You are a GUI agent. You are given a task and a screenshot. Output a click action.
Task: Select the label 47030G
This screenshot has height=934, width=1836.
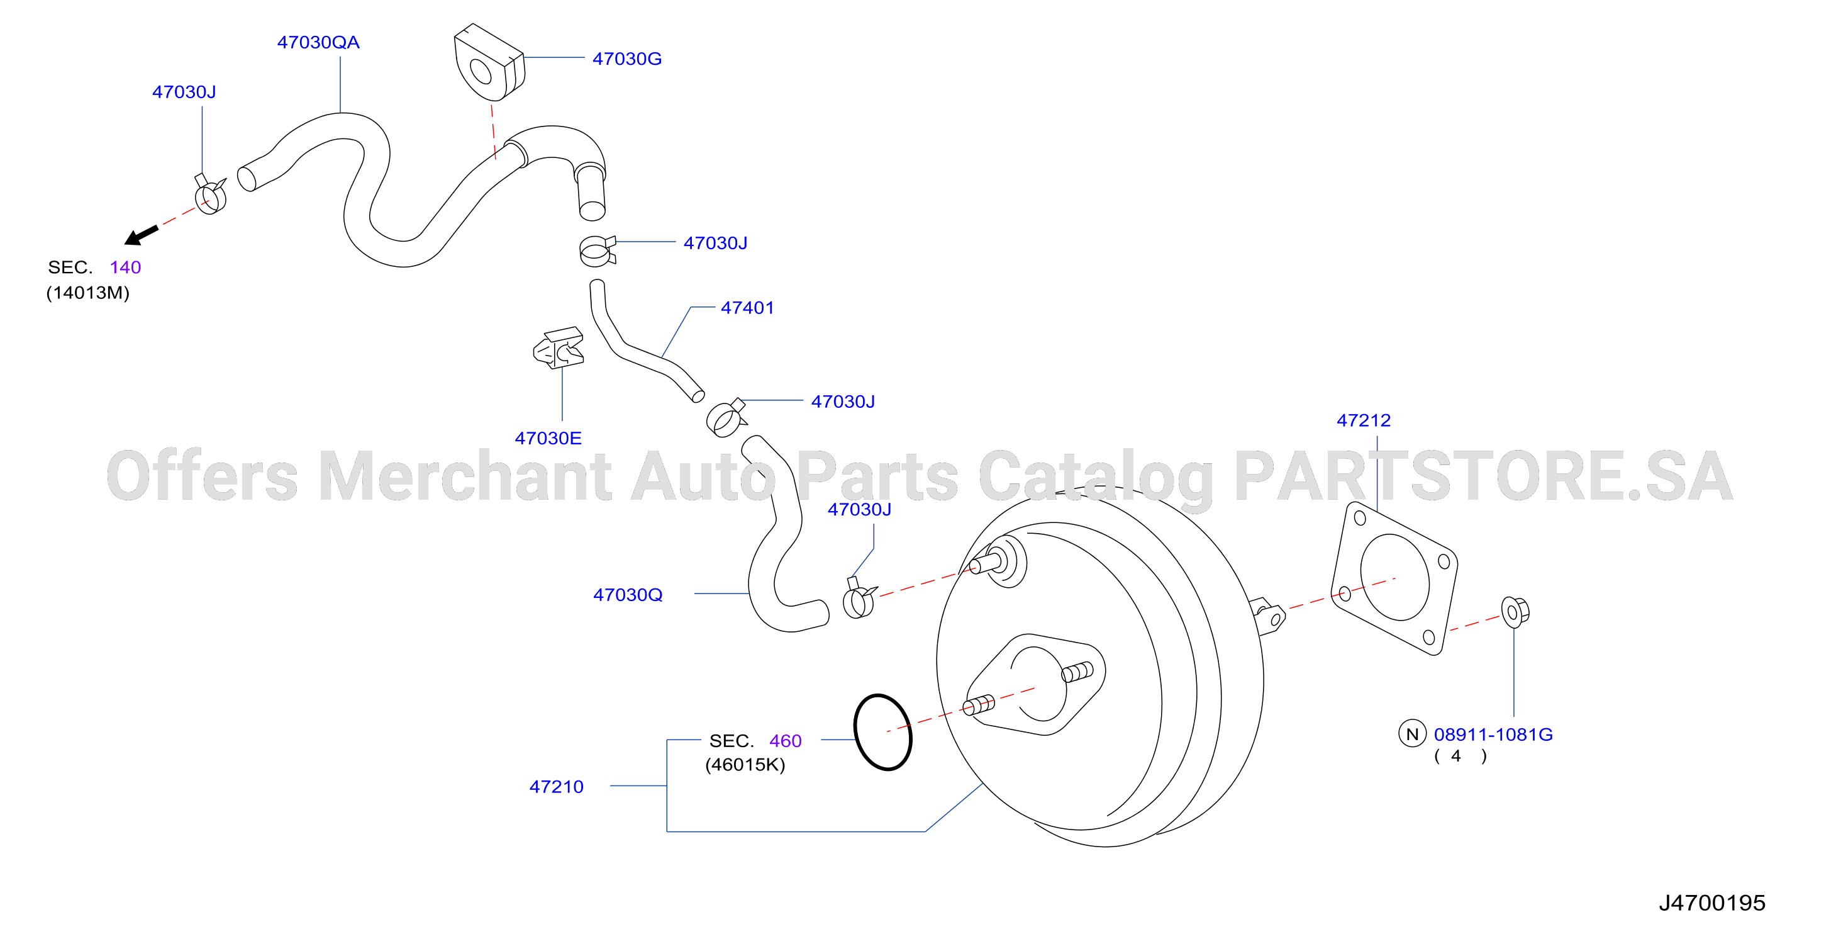(626, 59)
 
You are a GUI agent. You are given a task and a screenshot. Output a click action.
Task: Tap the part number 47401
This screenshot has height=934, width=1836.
(747, 308)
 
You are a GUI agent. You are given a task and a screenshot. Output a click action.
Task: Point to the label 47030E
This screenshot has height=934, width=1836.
(548, 439)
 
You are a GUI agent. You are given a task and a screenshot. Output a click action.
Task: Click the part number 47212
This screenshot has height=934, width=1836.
(1364, 420)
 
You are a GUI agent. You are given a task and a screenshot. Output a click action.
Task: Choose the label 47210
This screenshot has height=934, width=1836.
(556, 787)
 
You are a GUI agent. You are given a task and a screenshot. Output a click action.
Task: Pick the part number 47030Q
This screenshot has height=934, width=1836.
(628, 595)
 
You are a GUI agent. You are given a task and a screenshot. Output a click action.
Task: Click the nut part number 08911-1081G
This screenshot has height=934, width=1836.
(1493, 735)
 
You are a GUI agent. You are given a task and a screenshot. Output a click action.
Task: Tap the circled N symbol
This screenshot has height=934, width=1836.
(1412, 734)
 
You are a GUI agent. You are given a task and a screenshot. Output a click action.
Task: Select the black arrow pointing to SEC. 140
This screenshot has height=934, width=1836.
(141, 235)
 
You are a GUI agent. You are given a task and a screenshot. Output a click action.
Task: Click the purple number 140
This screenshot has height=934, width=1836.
(125, 267)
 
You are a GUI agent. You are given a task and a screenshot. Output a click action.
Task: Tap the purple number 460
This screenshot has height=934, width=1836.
(786, 741)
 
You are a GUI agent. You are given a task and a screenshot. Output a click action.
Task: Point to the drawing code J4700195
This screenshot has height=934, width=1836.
(1712, 903)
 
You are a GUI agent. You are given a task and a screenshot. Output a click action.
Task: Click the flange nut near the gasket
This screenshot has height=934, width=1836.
(1515, 612)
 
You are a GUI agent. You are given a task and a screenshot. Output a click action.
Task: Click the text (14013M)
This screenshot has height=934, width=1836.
(87, 293)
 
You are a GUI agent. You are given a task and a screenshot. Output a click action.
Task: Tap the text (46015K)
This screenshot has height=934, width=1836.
(745, 765)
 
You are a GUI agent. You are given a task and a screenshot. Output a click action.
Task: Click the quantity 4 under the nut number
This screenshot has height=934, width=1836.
(1456, 756)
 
